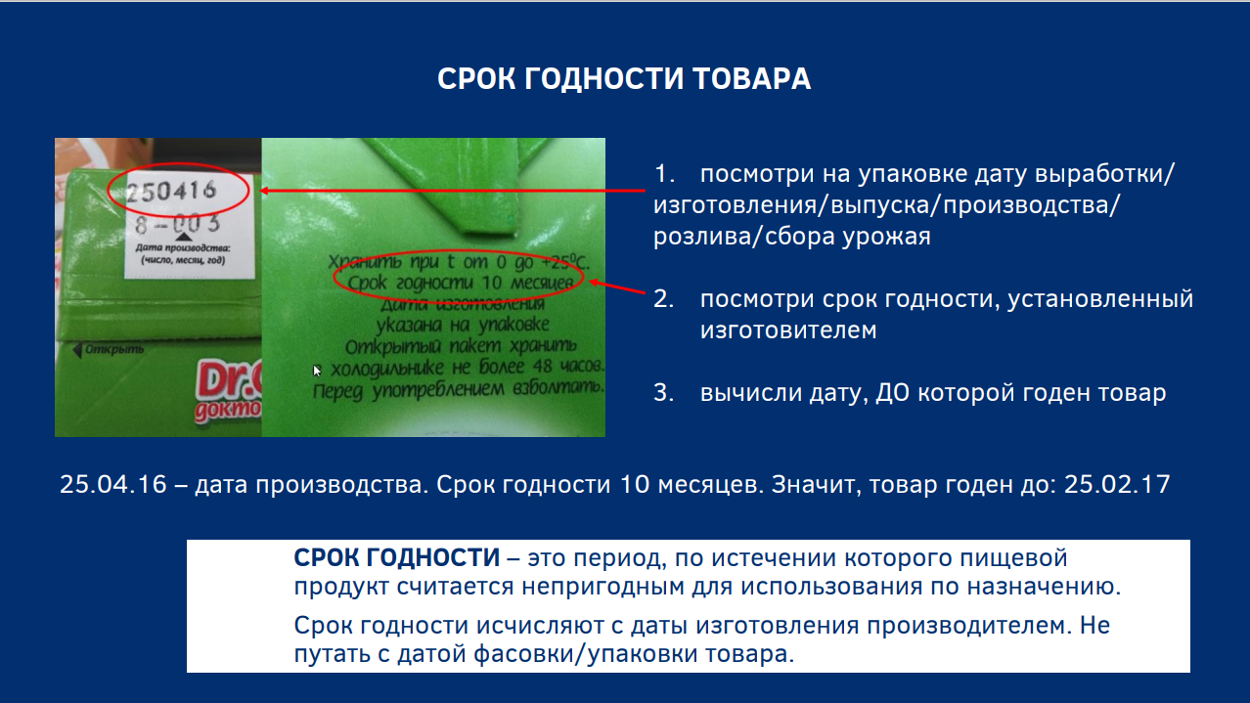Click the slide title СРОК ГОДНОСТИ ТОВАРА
click(x=624, y=78)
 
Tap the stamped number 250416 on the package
click(x=171, y=192)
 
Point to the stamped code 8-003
click(x=178, y=224)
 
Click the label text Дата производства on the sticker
click(x=183, y=247)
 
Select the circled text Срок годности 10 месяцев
click(x=461, y=283)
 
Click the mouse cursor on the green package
click(x=316, y=371)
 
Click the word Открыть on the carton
click(x=114, y=349)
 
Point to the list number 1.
click(x=663, y=174)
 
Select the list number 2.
click(x=663, y=299)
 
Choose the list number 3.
click(x=663, y=393)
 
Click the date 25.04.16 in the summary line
click(x=113, y=484)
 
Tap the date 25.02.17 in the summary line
click(x=1117, y=484)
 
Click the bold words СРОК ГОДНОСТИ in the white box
click(x=397, y=558)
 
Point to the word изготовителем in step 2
click(x=788, y=330)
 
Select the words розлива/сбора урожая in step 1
click(x=792, y=237)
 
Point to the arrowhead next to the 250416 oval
click(x=264, y=191)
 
